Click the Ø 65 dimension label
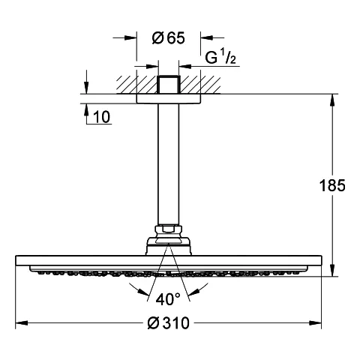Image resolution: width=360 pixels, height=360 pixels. (168, 38)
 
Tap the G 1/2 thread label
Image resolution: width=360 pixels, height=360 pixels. (220, 58)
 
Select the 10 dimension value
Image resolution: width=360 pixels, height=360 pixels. (101, 117)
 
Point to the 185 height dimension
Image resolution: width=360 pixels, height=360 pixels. (332, 185)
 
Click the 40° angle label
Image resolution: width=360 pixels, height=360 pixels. (168, 299)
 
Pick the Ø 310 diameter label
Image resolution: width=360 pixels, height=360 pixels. (168, 322)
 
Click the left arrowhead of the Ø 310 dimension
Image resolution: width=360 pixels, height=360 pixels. (22, 323)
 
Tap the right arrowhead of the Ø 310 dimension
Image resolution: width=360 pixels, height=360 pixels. (316, 323)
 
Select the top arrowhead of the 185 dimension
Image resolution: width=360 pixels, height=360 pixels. (332, 100)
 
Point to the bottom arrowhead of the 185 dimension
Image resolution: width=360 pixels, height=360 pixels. (332, 270)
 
